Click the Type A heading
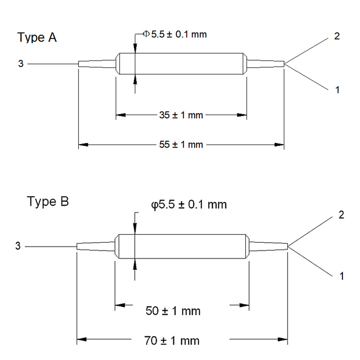click(37, 38)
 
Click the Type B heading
click(48, 202)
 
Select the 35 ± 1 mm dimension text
click(181, 116)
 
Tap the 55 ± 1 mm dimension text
click(181, 144)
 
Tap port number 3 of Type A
click(20, 63)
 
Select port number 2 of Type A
click(337, 36)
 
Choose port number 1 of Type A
click(337, 90)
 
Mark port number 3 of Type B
click(18, 246)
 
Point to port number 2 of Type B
click(341, 215)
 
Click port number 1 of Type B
click(341, 276)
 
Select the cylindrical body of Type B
click(182, 246)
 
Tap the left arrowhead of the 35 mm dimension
click(120, 115)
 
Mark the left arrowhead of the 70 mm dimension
click(82, 341)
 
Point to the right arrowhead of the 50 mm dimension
click(245, 306)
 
